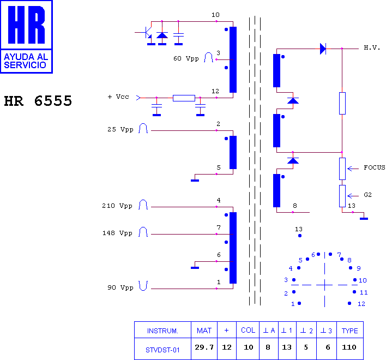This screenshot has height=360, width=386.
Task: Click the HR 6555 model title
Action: (x=38, y=101)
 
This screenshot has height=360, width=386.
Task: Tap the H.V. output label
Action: (x=372, y=47)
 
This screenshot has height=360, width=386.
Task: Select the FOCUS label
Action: (x=375, y=167)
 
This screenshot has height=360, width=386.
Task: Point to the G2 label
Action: (x=367, y=195)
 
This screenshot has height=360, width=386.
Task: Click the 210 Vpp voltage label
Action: (x=117, y=206)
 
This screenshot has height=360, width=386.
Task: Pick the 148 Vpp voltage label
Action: (x=117, y=233)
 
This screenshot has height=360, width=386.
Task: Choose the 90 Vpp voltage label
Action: (x=120, y=287)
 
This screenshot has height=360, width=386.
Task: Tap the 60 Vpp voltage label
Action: (x=186, y=58)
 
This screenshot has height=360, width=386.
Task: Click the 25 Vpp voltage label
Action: (x=120, y=129)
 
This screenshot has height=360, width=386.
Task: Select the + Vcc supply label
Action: (x=118, y=97)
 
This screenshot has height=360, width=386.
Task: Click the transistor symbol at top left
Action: (x=147, y=33)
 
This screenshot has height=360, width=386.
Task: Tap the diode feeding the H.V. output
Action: (x=323, y=49)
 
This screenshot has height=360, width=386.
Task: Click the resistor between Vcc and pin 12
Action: (x=184, y=98)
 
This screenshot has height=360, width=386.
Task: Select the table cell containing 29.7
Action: (x=204, y=347)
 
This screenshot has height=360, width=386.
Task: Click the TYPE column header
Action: (x=350, y=331)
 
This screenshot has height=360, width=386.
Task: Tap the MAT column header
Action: (x=204, y=331)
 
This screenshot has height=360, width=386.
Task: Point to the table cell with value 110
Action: (x=349, y=347)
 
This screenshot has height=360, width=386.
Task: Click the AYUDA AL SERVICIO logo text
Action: (x=26, y=61)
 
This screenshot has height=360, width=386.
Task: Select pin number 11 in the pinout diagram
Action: (x=364, y=292)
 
